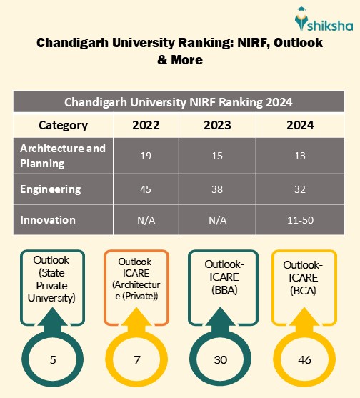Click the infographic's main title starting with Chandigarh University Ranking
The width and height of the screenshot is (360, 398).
179,51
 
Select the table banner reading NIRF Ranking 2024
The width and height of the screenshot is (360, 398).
179,101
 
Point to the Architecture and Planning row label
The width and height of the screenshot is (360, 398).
63,156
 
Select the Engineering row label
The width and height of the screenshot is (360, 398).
50,189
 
